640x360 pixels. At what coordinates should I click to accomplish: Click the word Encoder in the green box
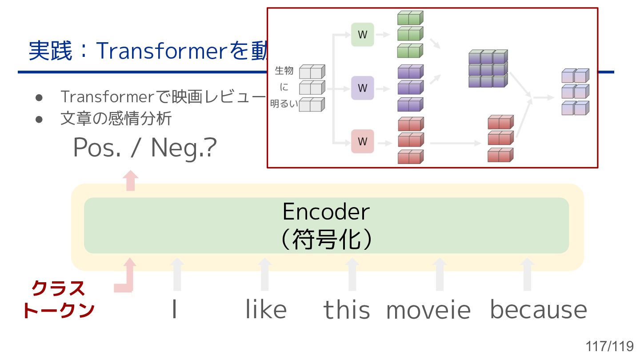pyautogui.click(x=326, y=212)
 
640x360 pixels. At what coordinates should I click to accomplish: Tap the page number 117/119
pyautogui.click(x=609, y=346)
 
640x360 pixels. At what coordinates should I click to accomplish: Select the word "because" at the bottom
pyautogui.click(x=538, y=310)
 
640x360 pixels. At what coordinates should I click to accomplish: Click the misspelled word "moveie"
pyautogui.click(x=428, y=310)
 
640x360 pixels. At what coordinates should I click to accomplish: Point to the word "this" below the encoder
pyautogui.click(x=346, y=310)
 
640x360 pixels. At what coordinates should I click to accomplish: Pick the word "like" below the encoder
pyautogui.click(x=266, y=309)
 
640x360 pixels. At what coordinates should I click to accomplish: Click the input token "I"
pyautogui.click(x=175, y=310)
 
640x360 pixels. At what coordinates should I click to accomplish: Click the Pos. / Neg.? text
pyautogui.click(x=144, y=148)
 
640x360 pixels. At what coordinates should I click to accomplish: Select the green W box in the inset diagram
pyautogui.click(x=362, y=35)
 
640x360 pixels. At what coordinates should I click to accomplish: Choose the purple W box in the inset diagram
pyautogui.click(x=362, y=88)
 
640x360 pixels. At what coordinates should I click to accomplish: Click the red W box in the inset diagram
pyautogui.click(x=362, y=141)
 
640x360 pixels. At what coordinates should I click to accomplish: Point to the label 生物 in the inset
pyautogui.click(x=284, y=71)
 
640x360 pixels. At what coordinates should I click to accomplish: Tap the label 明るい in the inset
pyautogui.click(x=284, y=105)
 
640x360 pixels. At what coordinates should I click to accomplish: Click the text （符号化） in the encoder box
pyautogui.click(x=326, y=240)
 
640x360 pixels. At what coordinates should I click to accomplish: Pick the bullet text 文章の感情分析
pyautogui.click(x=116, y=119)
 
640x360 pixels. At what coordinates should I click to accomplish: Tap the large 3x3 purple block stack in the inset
pyautogui.click(x=488, y=69)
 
